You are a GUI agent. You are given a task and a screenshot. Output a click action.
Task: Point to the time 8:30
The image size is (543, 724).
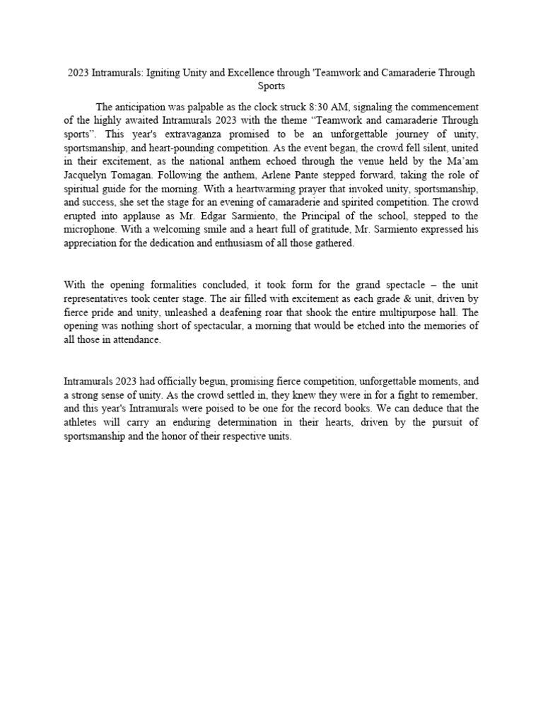click(x=322, y=107)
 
